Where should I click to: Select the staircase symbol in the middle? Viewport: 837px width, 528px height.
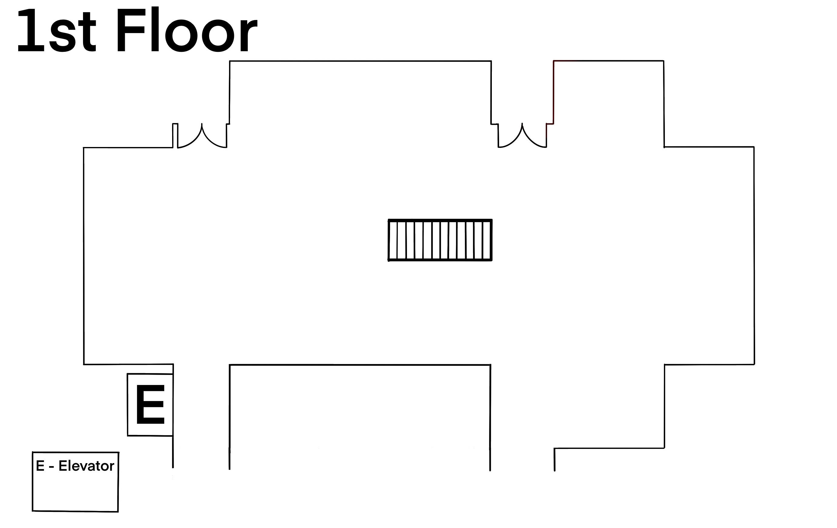click(440, 240)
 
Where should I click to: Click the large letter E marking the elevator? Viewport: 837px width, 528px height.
click(150, 404)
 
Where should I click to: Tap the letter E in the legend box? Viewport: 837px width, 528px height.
click(40, 466)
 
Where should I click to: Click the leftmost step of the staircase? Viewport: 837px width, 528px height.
click(393, 240)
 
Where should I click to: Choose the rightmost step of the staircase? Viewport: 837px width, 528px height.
click(487, 240)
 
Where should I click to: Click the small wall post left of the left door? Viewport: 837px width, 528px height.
click(175, 135)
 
